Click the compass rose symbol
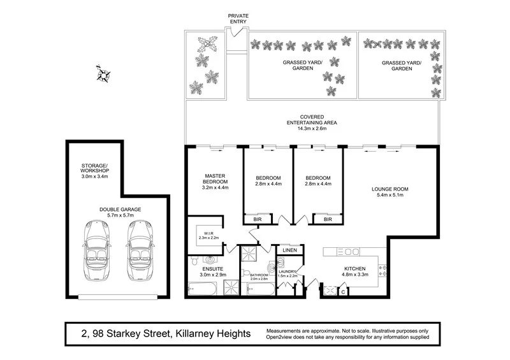pyautogui.click(x=104, y=74)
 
